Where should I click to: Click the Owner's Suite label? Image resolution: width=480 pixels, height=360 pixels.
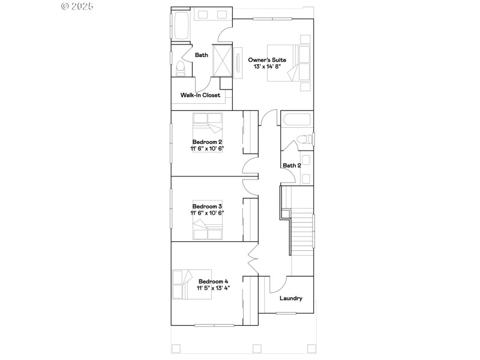(267, 60)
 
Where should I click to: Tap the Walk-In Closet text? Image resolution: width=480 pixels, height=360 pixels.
(200, 95)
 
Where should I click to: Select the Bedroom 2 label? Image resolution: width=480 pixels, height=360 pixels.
(207, 142)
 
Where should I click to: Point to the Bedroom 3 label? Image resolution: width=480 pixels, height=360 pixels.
(207, 206)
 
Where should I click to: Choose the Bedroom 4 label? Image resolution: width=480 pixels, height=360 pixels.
(214, 281)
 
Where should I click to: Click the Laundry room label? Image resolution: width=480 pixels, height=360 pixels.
(291, 298)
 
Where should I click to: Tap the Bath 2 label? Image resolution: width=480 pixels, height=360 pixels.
(292, 166)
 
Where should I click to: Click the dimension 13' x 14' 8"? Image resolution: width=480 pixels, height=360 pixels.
(267, 67)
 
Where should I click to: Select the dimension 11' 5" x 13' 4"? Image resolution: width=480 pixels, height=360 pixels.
(214, 289)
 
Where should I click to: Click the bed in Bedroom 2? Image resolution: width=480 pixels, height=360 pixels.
(207, 126)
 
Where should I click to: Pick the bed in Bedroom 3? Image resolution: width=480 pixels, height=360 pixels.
(208, 227)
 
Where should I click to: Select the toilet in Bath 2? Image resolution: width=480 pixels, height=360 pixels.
(305, 139)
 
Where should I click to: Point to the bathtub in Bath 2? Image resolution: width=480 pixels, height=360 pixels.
(296, 119)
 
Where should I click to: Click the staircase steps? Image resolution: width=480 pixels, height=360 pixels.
(302, 231)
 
